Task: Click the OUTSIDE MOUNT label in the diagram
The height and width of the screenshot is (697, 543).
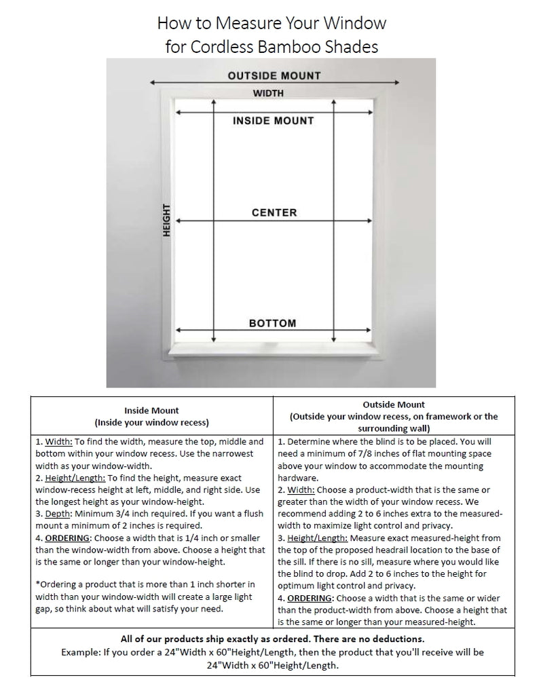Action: pos(274,75)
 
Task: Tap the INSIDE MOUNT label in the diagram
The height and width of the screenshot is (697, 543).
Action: pos(274,121)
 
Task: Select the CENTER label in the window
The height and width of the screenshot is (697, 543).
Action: pos(274,212)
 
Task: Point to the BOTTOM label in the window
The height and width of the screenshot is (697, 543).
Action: pos(273,323)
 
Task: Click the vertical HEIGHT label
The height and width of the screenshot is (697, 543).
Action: pos(166,221)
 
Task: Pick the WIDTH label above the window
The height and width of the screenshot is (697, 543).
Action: pos(268,93)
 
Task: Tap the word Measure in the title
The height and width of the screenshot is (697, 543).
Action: pos(243,23)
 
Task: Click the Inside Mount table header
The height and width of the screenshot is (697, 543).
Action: pos(151,410)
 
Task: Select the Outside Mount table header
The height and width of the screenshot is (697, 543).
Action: pos(394,404)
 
